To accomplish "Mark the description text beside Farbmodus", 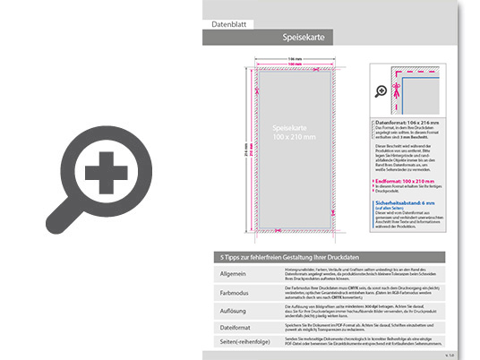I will coord(358,290).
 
